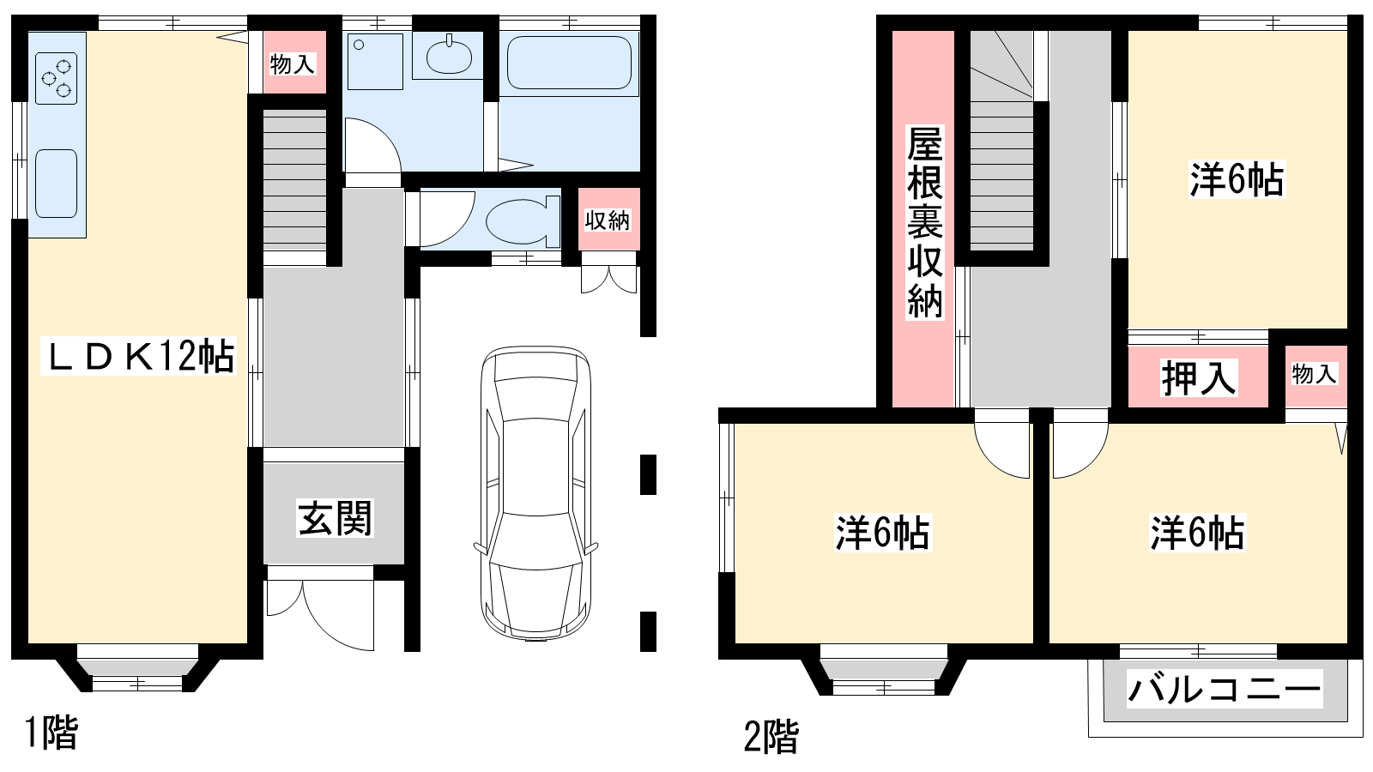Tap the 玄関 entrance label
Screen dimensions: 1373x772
click(x=335, y=518)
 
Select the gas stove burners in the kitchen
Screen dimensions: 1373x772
click(x=57, y=78)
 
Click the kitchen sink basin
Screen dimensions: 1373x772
click(x=57, y=184)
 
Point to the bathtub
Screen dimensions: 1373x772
click(x=570, y=63)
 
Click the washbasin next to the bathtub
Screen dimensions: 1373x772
click(x=449, y=57)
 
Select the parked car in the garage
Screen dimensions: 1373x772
click(x=535, y=493)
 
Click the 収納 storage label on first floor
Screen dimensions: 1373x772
click(x=608, y=220)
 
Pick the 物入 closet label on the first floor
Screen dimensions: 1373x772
click(x=293, y=63)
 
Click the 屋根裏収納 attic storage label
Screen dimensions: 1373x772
click(x=925, y=222)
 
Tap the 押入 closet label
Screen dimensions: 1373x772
click(x=1198, y=378)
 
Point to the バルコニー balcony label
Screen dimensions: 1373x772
click(x=1224, y=690)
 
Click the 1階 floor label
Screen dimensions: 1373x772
click(x=51, y=733)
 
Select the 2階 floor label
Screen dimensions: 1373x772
click(x=771, y=737)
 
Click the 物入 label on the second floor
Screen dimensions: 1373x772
click(x=1314, y=374)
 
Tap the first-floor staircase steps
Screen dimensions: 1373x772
click(x=295, y=181)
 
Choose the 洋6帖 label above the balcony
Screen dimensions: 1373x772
click(x=1197, y=533)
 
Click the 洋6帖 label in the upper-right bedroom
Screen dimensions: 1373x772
click(x=1237, y=179)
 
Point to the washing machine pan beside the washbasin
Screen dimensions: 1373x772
click(x=375, y=61)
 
